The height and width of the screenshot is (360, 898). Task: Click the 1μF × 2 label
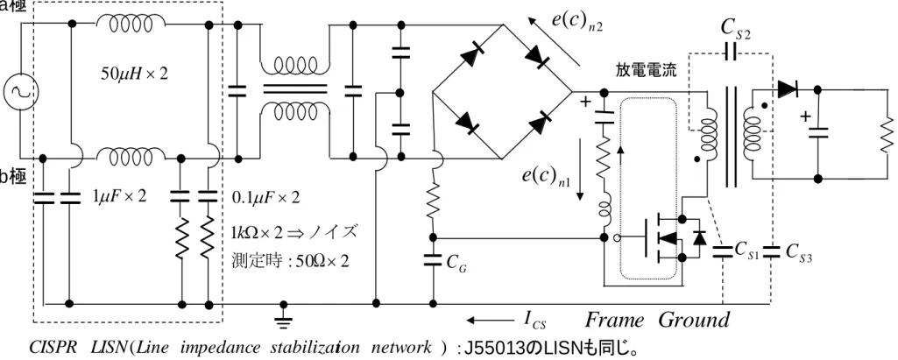click(x=119, y=197)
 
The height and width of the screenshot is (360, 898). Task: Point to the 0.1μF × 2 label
click(x=265, y=197)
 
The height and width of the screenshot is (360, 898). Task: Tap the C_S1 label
click(x=746, y=251)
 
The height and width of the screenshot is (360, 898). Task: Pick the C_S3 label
click(x=799, y=251)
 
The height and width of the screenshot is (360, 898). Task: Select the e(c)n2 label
click(x=577, y=21)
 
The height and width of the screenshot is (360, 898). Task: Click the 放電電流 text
click(x=646, y=71)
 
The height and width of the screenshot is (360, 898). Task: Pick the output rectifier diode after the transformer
click(x=788, y=89)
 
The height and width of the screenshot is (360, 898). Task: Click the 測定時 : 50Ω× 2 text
click(x=290, y=261)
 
